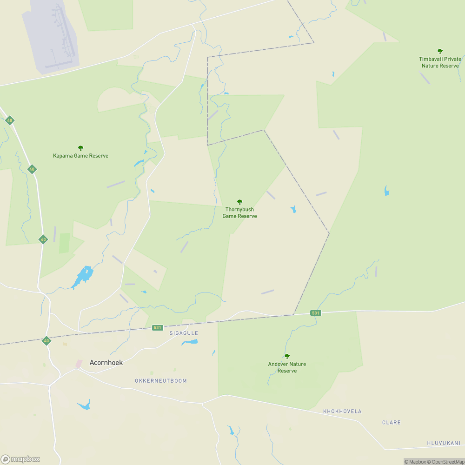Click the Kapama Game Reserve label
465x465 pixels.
pyautogui.click(x=80, y=156)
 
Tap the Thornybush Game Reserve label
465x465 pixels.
pyautogui.click(x=239, y=213)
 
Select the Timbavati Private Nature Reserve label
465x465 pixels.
pyautogui.click(x=440, y=62)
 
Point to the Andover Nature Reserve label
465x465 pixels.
pyautogui.click(x=287, y=367)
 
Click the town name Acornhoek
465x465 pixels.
pyautogui.click(x=106, y=363)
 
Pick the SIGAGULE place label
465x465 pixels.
pyautogui.click(x=184, y=333)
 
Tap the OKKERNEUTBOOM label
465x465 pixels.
pyautogui.click(x=161, y=381)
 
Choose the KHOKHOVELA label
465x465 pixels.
pyautogui.click(x=342, y=412)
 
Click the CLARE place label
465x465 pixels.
pyautogui.click(x=391, y=423)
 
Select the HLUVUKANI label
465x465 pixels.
pyautogui.click(x=444, y=443)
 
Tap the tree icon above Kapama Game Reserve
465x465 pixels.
pyautogui.click(x=80, y=148)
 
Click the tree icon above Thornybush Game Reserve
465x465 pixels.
pyautogui.click(x=239, y=202)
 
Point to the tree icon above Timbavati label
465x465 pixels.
pyautogui.click(x=440, y=51)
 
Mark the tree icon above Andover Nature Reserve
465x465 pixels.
pyautogui.click(x=287, y=356)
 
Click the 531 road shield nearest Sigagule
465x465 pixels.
pyautogui.click(x=157, y=328)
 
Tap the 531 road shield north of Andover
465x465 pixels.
pyautogui.click(x=316, y=313)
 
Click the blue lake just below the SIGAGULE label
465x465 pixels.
pyautogui.click(x=190, y=342)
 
